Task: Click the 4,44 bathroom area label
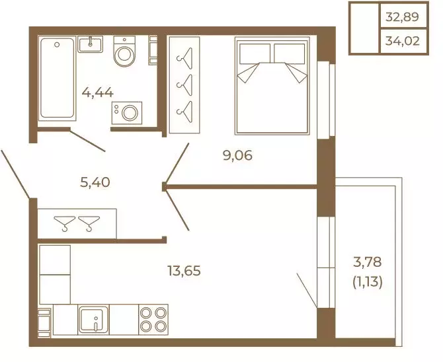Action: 98,92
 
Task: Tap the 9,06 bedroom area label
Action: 237,155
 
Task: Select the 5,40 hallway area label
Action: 95,182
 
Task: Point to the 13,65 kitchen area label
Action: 184,271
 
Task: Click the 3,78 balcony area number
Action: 367,262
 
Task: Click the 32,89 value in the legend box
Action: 402,17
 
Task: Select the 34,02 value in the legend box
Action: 402,41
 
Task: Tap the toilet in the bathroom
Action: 124,51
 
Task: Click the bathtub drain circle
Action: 57,45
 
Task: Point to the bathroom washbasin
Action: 91,44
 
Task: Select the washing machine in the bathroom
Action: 127,113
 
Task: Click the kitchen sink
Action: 93,319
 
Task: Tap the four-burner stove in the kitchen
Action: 153,319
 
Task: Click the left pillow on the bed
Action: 255,54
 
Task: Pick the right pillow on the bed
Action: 290,54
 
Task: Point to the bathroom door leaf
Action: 87,141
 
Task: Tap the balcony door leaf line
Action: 307,290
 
